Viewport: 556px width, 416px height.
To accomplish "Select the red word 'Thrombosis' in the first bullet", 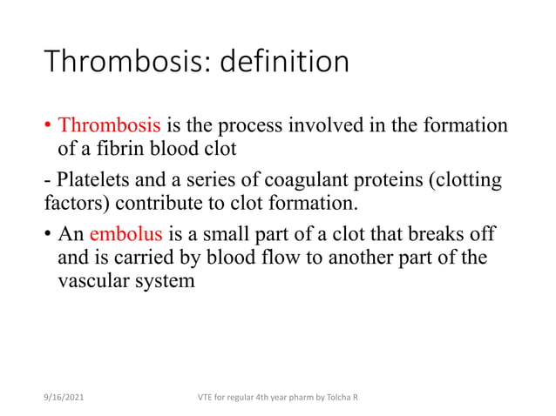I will (103, 125).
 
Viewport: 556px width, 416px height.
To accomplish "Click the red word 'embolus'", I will (125, 234).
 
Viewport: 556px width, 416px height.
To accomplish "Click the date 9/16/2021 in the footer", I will (64, 397).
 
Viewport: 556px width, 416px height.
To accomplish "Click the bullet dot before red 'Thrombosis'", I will (48, 126).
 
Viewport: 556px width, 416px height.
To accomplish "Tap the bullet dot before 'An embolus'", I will (48, 235).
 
